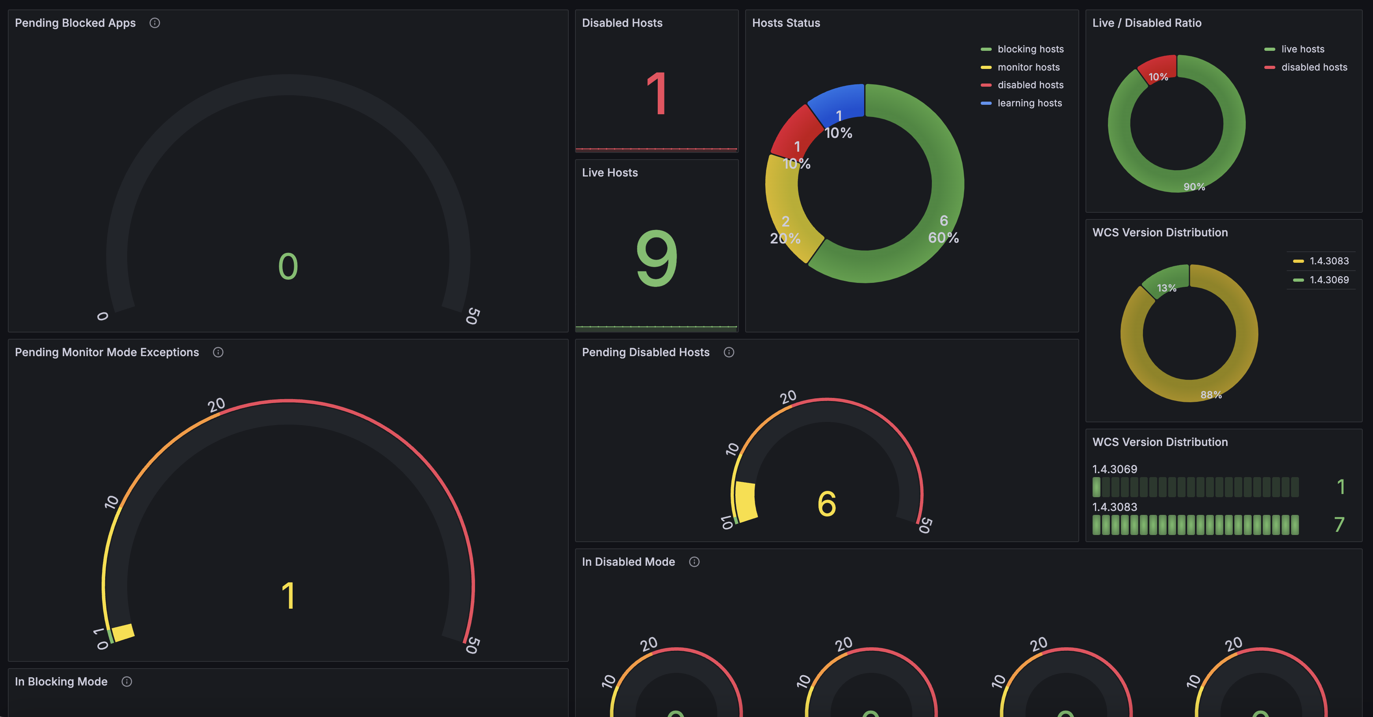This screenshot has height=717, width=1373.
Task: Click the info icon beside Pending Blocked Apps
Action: [154, 23]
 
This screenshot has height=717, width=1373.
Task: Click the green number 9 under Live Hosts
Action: [657, 258]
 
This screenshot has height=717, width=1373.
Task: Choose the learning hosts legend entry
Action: [1029, 103]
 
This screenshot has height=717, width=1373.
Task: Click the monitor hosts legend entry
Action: [1028, 67]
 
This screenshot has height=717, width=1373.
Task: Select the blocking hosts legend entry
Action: [1030, 49]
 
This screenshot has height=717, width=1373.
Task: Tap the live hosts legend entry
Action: [1302, 49]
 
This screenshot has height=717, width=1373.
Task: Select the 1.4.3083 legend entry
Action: [1329, 261]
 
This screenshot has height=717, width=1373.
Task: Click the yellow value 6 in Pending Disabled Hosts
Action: [827, 504]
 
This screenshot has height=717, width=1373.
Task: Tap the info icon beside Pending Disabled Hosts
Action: [729, 352]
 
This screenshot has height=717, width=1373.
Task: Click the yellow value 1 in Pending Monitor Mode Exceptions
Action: [288, 595]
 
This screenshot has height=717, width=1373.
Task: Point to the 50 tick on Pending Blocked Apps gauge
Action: [472, 316]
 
